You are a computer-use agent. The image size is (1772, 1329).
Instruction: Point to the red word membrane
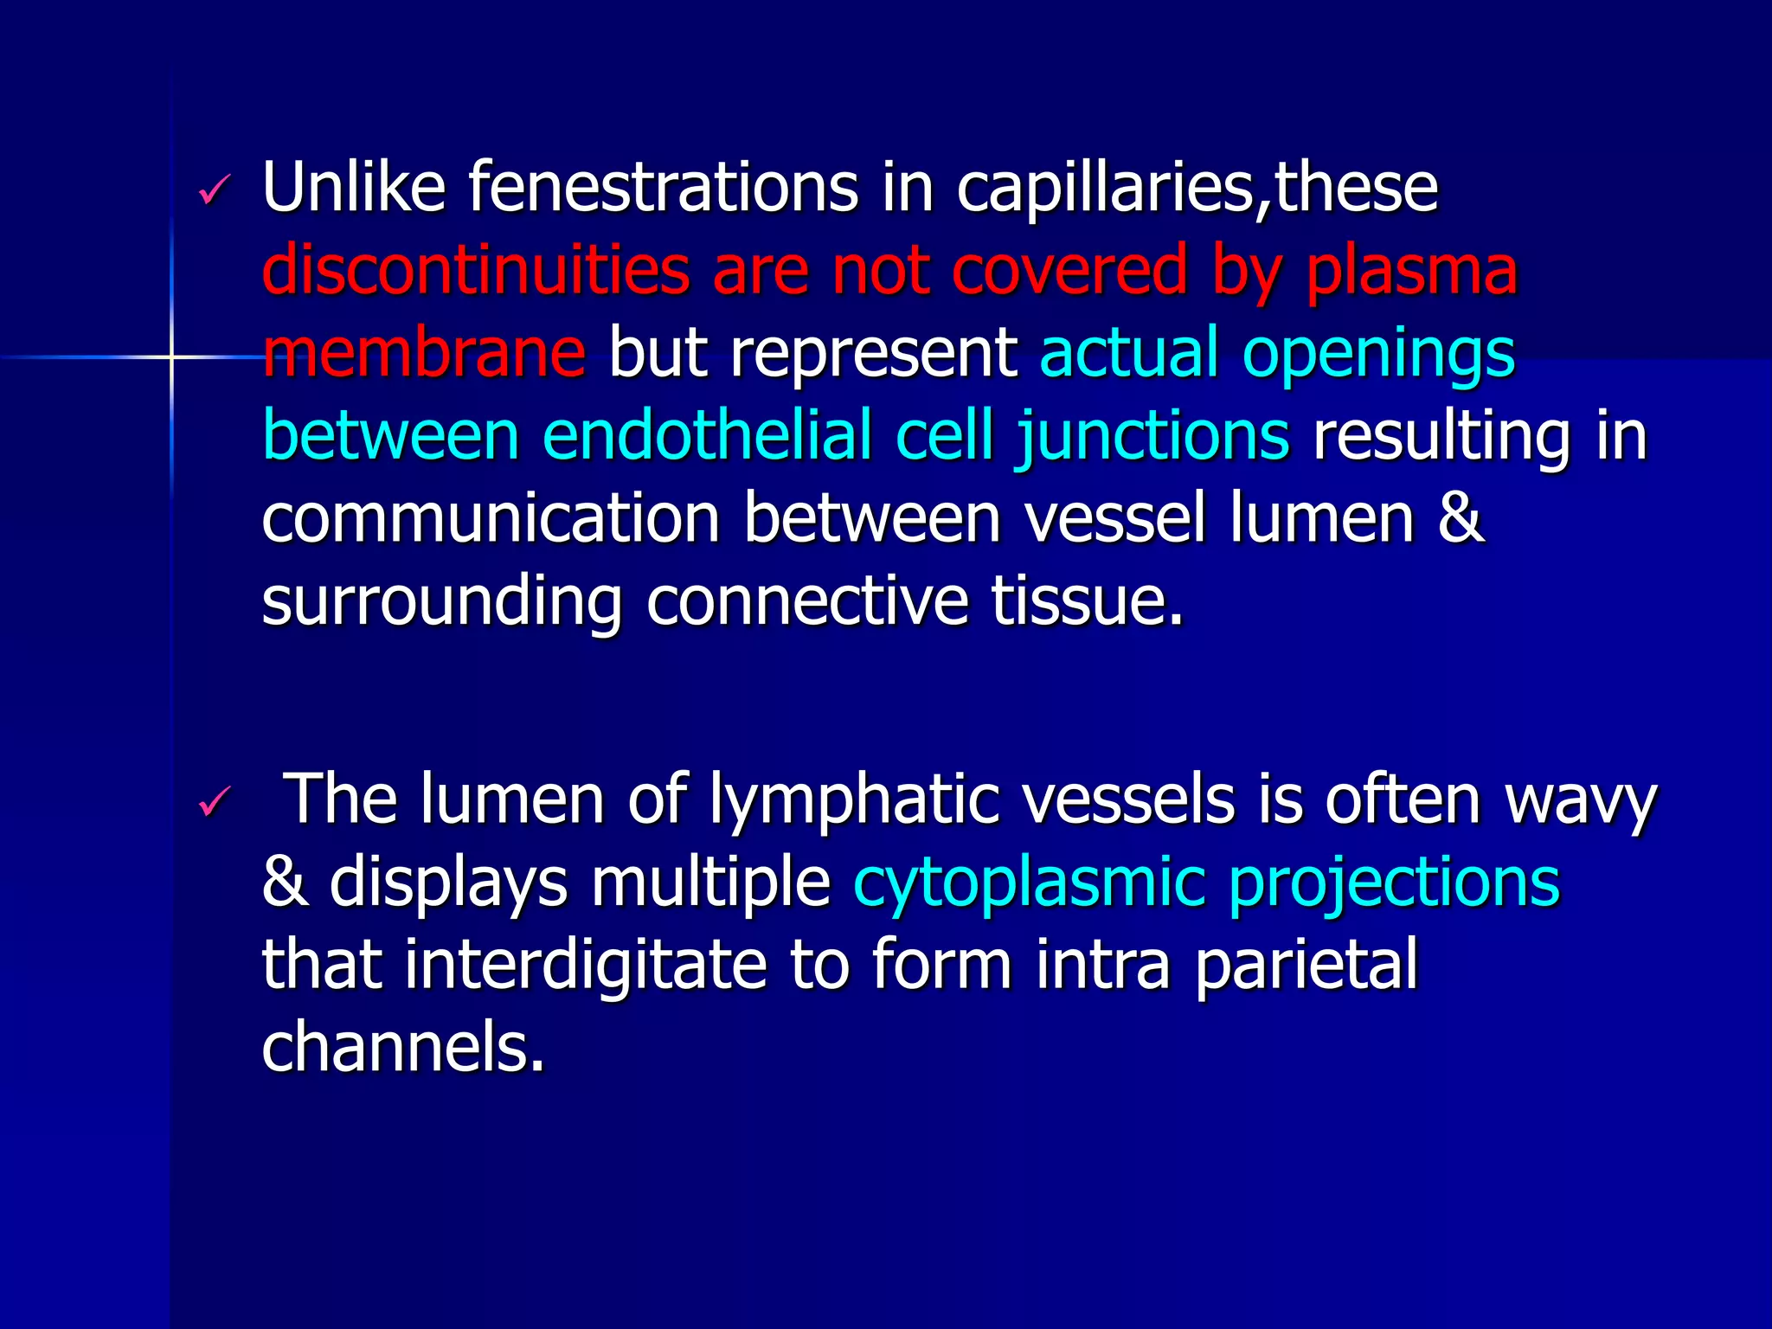(x=423, y=352)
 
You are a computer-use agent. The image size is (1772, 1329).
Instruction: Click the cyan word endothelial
(x=706, y=435)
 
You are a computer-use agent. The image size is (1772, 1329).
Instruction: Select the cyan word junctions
(x=1152, y=435)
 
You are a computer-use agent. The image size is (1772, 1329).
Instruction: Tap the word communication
(x=491, y=518)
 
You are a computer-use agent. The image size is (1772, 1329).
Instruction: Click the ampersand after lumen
(x=1461, y=518)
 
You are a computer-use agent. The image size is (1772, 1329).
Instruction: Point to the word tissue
(x=1086, y=601)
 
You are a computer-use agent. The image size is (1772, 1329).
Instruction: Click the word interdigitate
(x=585, y=965)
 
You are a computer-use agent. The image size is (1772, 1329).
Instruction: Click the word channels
(x=402, y=1046)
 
